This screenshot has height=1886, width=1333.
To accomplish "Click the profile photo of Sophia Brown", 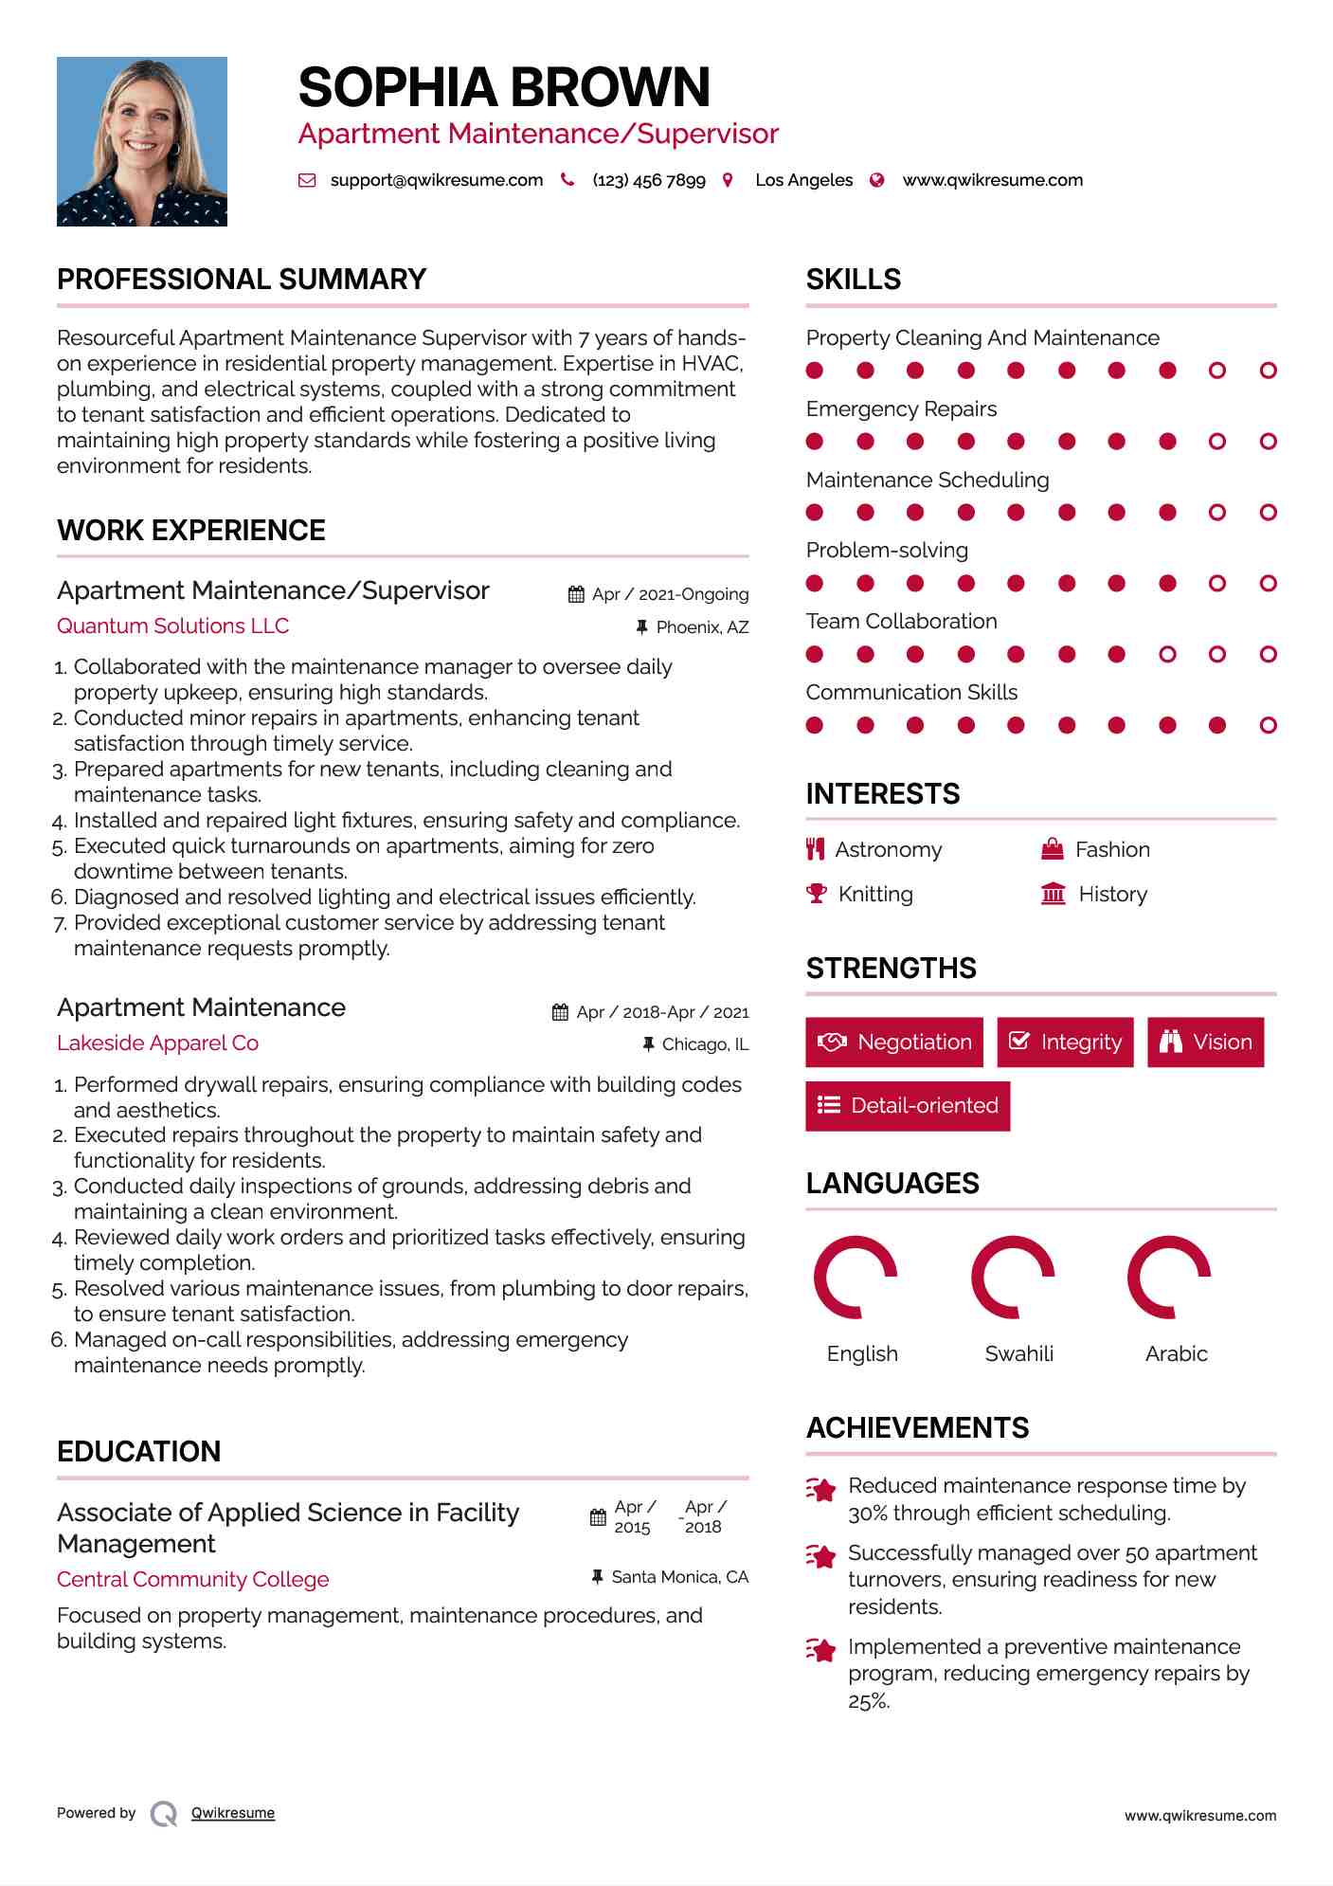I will [x=142, y=141].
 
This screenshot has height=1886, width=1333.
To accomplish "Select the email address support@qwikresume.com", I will [x=436, y=180].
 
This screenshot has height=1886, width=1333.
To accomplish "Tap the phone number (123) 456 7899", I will [x=649, y=180].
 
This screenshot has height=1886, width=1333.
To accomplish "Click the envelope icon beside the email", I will [x=307, y=180].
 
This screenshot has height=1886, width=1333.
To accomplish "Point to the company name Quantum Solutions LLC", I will [x=172, y=626].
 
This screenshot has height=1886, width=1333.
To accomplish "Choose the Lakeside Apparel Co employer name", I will [x=157, y=1043].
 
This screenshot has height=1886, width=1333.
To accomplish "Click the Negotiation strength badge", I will [x=894, y=1043].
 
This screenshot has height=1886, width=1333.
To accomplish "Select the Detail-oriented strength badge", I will [x=908, y=1106].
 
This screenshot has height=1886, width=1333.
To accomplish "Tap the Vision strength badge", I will [x=1205, y=1043].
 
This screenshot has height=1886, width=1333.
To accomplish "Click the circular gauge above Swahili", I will [x=1013, y=1278].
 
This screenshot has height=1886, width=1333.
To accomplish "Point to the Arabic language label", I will [x=1176, y=1353].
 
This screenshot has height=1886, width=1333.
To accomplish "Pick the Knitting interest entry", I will [x=875, y=895].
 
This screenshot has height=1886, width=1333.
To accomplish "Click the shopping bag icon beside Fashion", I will [x=1053, y=849].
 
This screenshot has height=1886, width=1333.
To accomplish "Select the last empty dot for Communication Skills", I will [x=1268, y=726].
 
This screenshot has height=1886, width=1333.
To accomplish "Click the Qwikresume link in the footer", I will [x=233, y=1813].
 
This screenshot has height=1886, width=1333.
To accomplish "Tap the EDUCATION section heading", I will [x=138, y=1452].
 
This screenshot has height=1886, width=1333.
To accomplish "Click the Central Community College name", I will [x=193, y=1580].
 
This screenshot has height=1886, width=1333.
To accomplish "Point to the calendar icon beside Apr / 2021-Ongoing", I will [x=576, y=594].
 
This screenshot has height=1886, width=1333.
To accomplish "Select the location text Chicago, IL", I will [x=705, y=1044].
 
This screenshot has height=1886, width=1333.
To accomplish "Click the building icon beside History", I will [x=1054, y=894].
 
